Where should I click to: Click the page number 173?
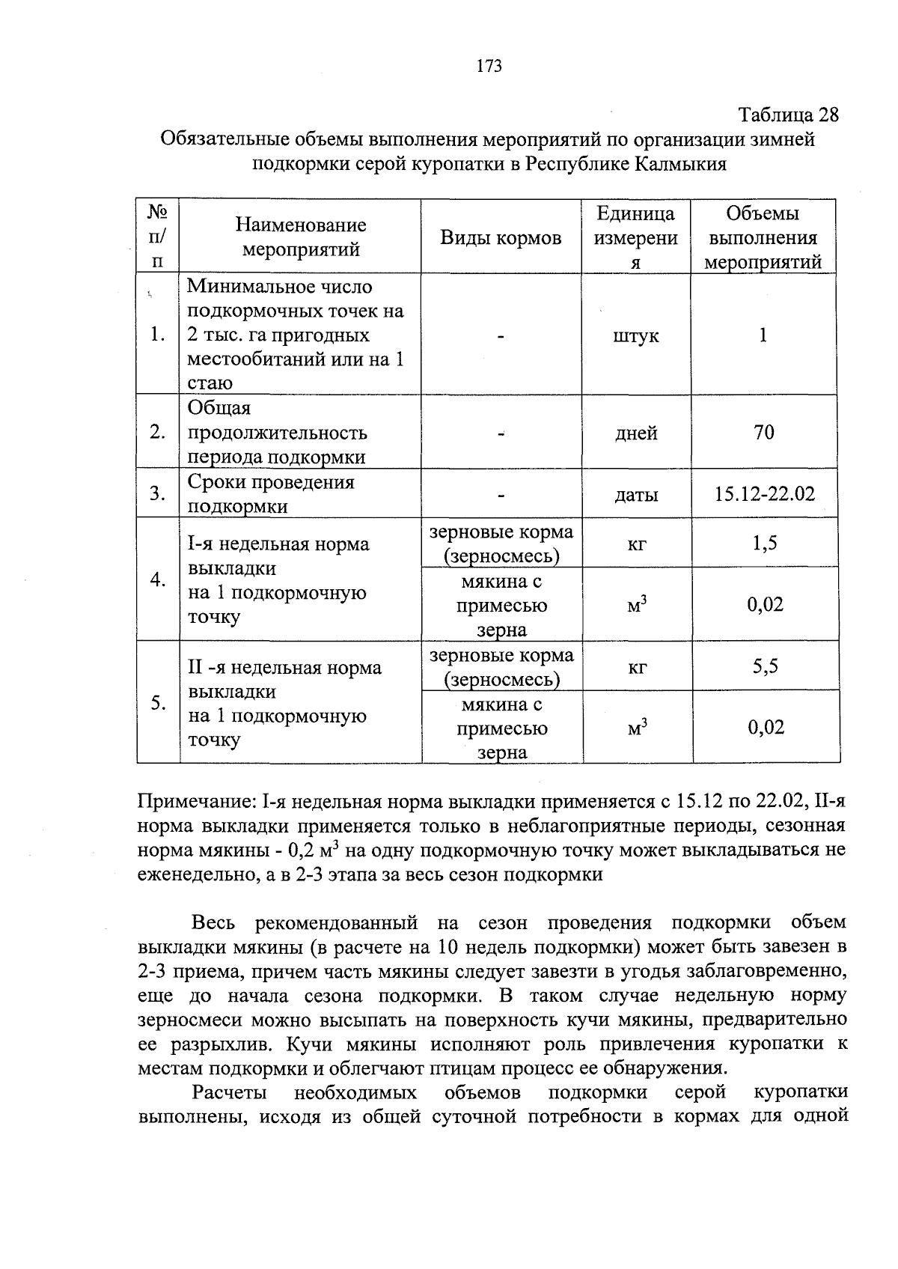(x=489, y=66)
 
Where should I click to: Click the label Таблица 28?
(x=789, y=115)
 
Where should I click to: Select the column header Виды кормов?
(x=501, y=238)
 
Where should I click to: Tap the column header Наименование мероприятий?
(x=300, y=237)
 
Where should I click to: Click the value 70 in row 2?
(x=763, y=432)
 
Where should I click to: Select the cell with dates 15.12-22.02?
(x=764, y=493)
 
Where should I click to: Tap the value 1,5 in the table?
(x=764, y=543)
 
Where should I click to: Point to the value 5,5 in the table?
(x=765, y=666)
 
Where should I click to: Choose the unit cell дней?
(x=636, y=433)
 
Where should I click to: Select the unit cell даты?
(x=636, y=494)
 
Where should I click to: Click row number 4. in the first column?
(x=157, y=579)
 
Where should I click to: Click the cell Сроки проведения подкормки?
(x=270, y=494)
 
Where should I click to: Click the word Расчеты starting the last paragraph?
(x=229, y=1092)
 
